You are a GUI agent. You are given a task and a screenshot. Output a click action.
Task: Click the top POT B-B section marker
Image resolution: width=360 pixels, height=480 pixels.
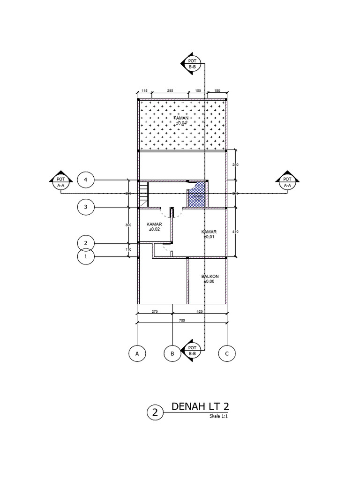coord(192,64)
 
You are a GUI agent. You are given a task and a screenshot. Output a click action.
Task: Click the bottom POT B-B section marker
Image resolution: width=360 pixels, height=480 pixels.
coord(192,351)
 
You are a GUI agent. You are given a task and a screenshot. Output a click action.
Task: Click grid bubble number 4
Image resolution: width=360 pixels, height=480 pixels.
coord(86,180)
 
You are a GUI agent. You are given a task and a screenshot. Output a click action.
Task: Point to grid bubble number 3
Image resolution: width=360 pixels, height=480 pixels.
coord(86,207)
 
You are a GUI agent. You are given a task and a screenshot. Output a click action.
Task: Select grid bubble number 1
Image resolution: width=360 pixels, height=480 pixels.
coord(86,257)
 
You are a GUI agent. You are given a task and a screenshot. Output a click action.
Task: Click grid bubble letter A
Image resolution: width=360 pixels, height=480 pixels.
coord(137,354)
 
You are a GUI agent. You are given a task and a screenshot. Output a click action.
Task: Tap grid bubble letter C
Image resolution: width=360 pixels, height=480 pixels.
coord(227,354)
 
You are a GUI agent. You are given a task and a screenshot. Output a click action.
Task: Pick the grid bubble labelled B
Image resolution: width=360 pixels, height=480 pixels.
coord(172,354)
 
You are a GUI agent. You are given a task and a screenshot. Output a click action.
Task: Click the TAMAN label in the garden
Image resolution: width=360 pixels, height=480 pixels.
coord(181,118)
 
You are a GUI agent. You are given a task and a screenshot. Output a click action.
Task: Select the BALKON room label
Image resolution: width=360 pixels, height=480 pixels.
coord(210,277)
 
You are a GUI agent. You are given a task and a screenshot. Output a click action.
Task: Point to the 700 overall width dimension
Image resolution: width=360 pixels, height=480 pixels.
coord(182,320)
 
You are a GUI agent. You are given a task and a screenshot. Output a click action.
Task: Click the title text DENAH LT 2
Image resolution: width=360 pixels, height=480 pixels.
coord(200,406)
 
